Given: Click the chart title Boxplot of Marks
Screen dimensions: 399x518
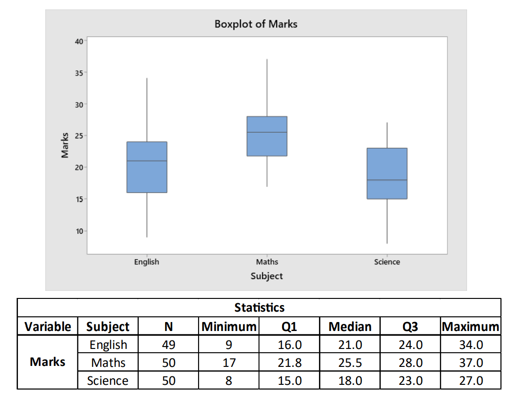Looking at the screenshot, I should pos(256,24).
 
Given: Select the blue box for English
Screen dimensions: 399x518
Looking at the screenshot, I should pos(147,167).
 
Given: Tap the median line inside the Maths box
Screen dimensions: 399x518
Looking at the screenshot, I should pos(267,132).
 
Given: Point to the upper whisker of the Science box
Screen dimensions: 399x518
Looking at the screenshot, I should pos(387,136).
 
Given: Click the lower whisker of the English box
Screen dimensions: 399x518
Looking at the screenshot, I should pos(147,215).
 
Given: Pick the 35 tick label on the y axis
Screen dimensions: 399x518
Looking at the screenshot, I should pos(78,73).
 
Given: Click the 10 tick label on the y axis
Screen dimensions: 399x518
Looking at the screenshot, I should pos(78,231).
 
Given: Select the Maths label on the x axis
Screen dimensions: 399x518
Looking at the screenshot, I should pos(267,262).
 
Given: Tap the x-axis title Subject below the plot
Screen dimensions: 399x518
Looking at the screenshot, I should pos(267,276).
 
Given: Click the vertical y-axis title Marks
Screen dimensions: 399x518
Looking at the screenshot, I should pos(65,145).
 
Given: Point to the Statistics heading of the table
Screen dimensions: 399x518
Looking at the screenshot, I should pos(259,308).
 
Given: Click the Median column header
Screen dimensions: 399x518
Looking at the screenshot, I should pos(350,326).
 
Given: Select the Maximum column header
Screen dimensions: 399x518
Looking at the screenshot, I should pos(470,326).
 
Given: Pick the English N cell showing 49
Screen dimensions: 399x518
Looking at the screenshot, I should pos(168,345).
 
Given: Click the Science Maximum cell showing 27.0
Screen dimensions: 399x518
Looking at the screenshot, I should pos(471,381).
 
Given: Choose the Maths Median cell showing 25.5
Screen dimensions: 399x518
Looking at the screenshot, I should pos(350,363).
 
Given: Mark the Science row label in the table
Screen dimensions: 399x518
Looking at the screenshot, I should pos(108,381).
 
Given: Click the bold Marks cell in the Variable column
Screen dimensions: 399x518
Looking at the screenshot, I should pos(48,362).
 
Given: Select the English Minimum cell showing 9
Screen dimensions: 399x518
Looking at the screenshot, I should pos(228,345).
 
